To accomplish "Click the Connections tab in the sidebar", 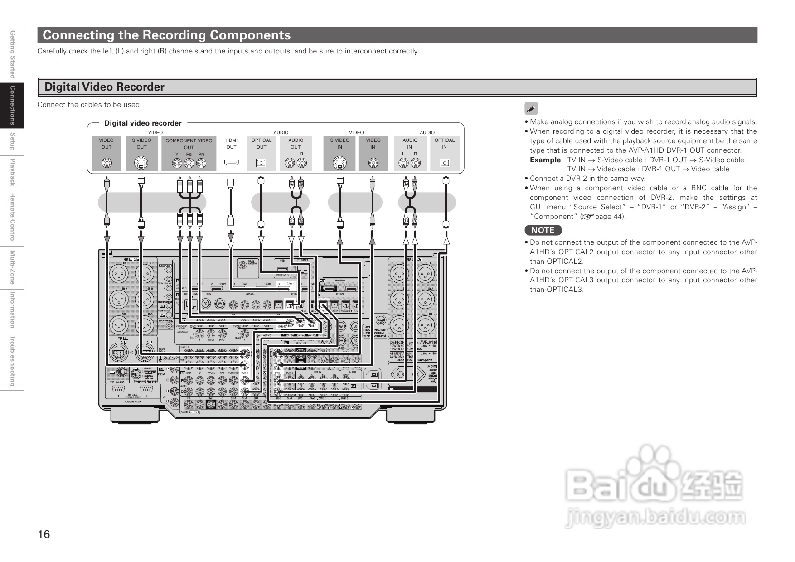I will tap(12, 105).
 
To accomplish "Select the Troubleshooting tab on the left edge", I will tap(12, 361).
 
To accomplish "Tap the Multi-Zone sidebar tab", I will tap(12, 267).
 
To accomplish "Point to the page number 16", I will tap(44, 534).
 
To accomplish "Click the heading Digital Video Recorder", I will tap(104, 87).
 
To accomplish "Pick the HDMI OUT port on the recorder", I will tap(232, 163).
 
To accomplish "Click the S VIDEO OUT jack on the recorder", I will tap(141, 163).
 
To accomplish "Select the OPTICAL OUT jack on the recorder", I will tap(261, 163).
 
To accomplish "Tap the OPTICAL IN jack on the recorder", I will tap(445, 163).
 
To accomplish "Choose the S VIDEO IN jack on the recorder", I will tap(339, 163).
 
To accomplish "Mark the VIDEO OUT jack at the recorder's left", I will tap(107, 163).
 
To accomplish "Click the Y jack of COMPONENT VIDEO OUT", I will tap(177, 163).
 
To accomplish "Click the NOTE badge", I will tap(543, 230).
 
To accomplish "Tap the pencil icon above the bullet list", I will tap(531, 109).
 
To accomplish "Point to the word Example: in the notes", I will tap(546, 160).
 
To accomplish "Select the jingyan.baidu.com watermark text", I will tap(655, 517).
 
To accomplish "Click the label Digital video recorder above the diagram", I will tap(143, 123).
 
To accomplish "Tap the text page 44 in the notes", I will tap(609, 217).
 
